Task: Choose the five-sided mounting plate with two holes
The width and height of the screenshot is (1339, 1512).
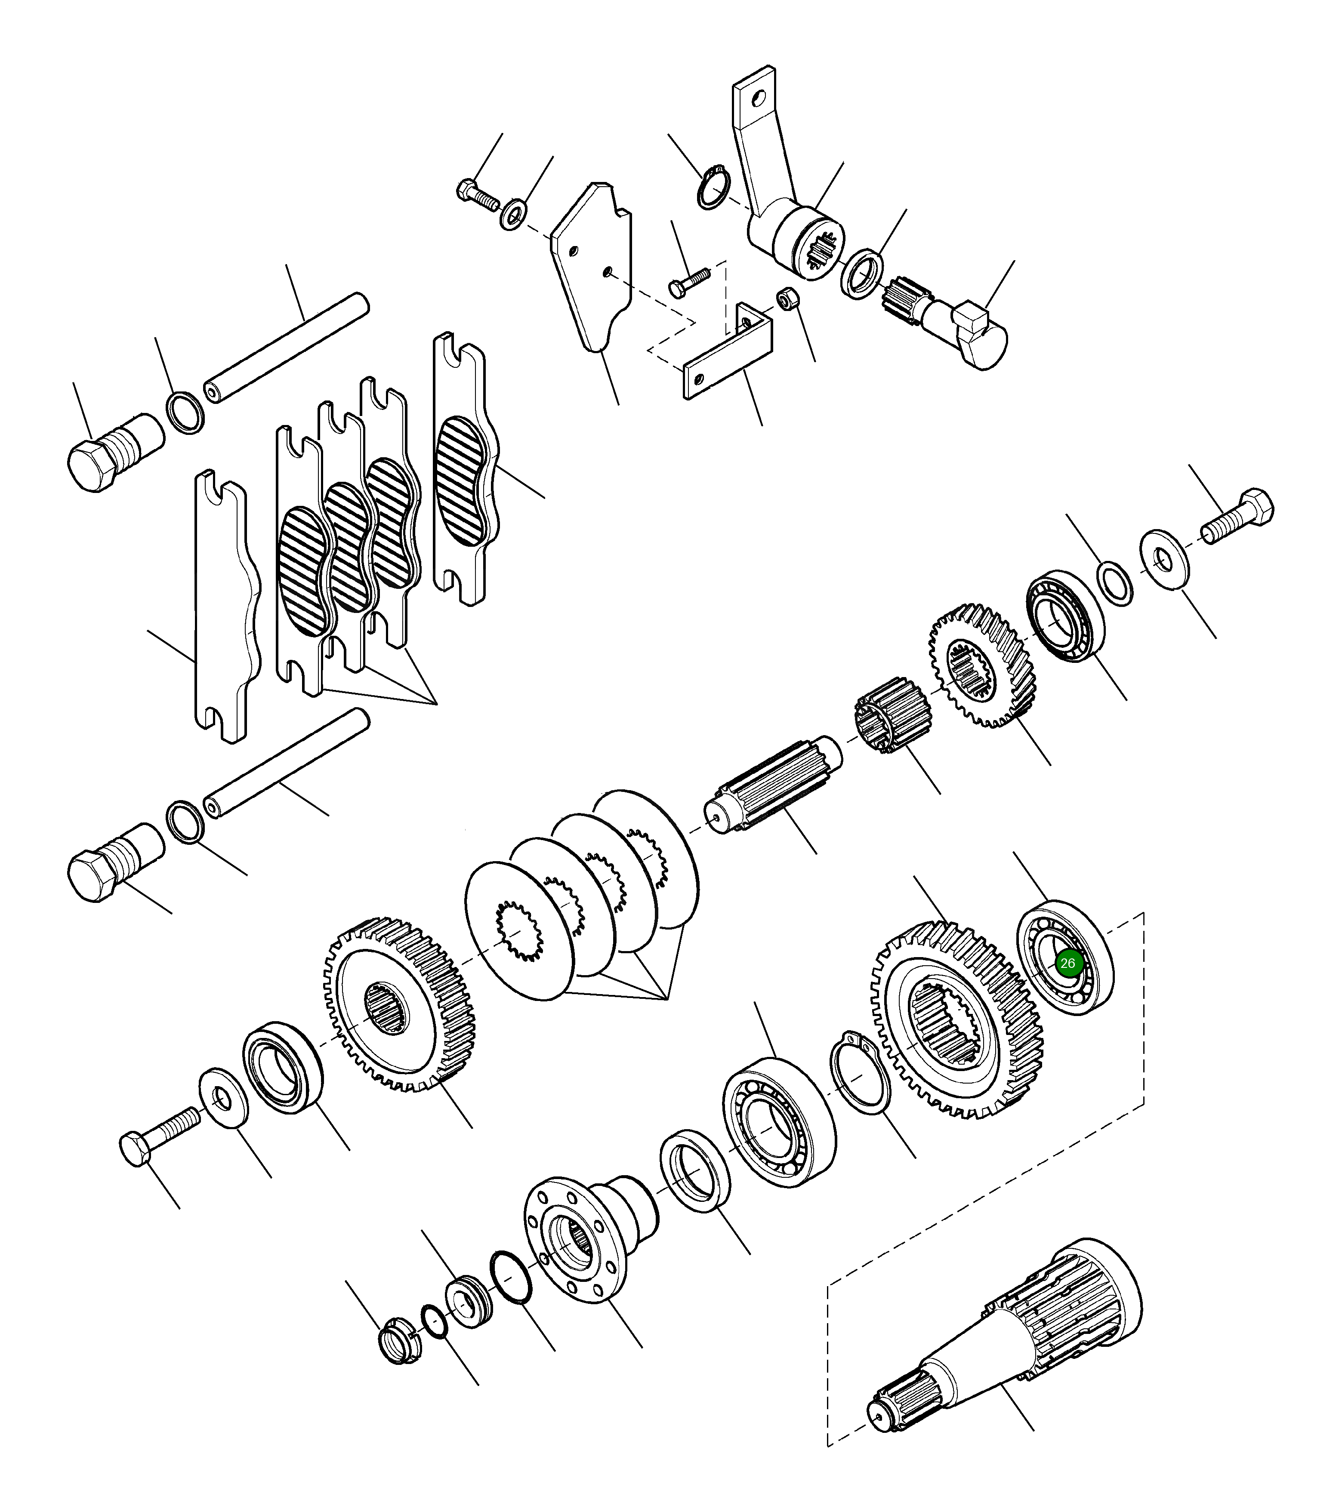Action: point(592,266)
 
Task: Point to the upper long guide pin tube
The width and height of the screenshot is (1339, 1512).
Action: point(289,348)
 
